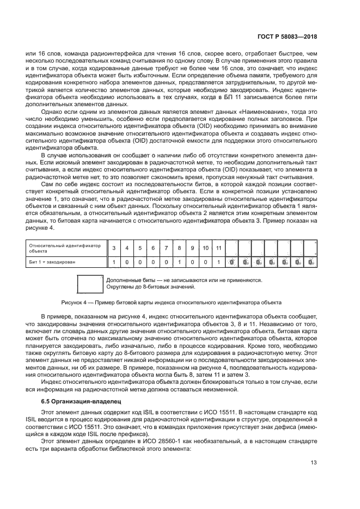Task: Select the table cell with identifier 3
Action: pyautogui.click(x=114, y=248)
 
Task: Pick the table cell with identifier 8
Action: pyautogui.click(x=179, y=248)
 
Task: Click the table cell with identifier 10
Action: pyautogui.click(x=205, y=248)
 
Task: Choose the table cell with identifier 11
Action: pyautogui.click(x=218, y=248)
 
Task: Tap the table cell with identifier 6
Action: pyautogui.click(x=153, y=248)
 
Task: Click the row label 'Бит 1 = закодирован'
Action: pyautogui.click(x=52, y=262)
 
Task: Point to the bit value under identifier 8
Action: pyautogui.click(x=179, y=262)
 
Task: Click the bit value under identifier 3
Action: pyautogui.click(x=114, y=262)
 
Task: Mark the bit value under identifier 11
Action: pyautogui.click(x=218, y=262)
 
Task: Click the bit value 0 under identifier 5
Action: pyautogui.click(x=140, y=262)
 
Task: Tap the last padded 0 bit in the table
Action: pyautogui.click(x=310, y=262)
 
